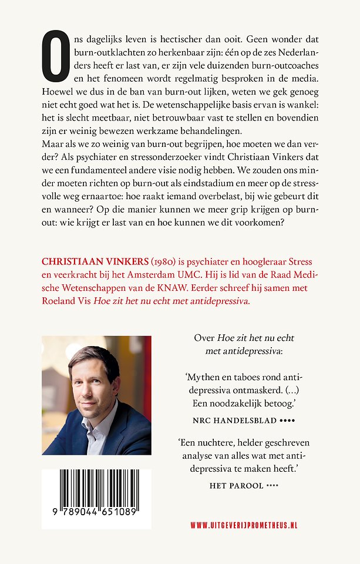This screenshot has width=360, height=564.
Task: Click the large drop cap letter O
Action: pos(56,56)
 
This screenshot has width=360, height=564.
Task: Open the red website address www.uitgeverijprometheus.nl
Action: pos(244,525)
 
